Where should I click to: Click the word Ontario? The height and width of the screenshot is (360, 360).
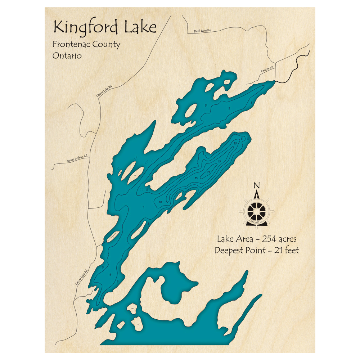(x=67, y=56)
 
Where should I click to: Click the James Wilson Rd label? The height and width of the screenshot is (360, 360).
(x=77, y=159)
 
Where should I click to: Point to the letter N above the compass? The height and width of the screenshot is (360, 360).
(x=256, y=186)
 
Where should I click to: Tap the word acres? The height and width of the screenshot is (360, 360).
(x=289, y=239)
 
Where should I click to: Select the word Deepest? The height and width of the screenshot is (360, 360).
(x=229, y=250)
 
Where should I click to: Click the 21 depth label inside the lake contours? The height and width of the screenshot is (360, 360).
(x=208, y=172)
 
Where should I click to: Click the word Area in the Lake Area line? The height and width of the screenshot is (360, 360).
(x=245, y=239)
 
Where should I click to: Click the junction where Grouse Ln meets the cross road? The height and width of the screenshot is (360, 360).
(x=275, y=67)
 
